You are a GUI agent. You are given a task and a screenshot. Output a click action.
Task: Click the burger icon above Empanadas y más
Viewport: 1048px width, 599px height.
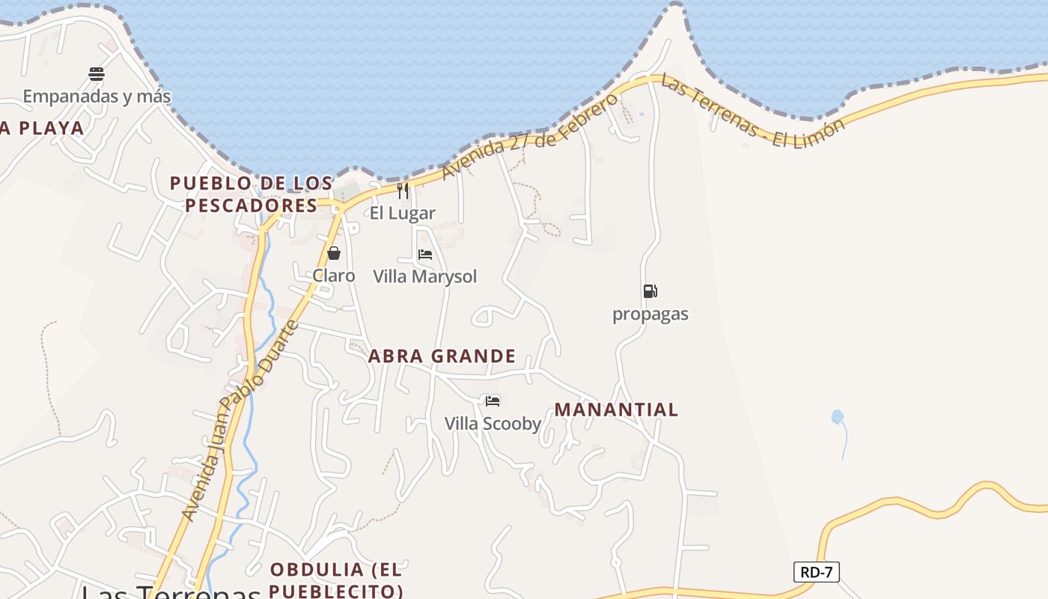coord(97,73)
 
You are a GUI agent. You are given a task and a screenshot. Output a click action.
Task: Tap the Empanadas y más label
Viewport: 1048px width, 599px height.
coord(97,97)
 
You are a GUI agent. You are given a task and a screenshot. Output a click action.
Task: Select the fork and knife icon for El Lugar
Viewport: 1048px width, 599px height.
coord(403,191)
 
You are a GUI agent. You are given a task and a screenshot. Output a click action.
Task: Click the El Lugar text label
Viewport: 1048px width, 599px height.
coord(403,213)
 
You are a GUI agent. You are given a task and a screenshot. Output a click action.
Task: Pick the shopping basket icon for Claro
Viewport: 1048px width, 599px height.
coord(334,253)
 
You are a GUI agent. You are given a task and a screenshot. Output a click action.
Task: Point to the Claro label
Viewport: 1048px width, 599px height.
coord(334,276)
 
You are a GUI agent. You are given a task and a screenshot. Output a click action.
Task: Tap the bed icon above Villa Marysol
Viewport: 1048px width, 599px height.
coord(425,255)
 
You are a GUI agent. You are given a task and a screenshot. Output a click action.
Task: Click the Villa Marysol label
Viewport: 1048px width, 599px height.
coord(425,277)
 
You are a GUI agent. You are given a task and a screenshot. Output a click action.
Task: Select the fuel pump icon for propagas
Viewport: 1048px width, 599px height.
coord(650,291)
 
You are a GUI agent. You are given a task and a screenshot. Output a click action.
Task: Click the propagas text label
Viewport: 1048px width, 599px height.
coord(651,314)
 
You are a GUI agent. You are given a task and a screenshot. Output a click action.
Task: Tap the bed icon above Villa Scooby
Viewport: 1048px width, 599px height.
coord(493,401)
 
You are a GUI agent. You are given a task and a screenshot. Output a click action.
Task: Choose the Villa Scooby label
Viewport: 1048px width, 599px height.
coord(493,424)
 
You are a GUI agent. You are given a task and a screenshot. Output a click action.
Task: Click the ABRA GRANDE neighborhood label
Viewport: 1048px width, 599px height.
coord(442,356)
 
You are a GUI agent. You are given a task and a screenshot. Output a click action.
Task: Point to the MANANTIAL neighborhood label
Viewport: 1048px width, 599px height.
coord(617,410)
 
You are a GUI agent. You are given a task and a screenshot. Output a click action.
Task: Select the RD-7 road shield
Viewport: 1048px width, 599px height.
coord(816,573)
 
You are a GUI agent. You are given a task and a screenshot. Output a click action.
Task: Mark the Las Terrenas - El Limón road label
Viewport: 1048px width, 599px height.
coord(752,112)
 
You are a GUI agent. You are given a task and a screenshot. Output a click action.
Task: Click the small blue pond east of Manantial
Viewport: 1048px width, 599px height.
coord(837,417)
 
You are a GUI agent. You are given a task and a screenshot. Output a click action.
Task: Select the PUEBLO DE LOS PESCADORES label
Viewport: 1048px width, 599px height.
coord(252,194)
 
